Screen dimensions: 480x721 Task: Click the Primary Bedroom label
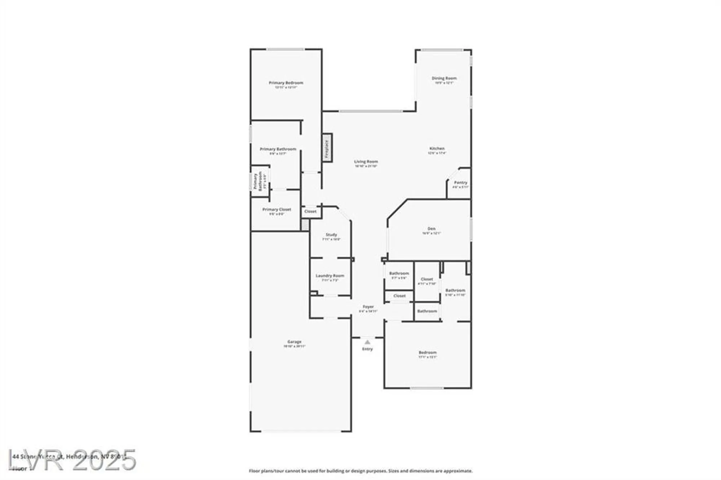tap(286, 83)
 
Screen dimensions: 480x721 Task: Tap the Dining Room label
tap(444, 78)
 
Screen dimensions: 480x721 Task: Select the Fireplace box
tap(327, 148)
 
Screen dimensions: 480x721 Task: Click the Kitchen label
tap(437, 148)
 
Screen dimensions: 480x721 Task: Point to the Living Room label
tap(366, 162)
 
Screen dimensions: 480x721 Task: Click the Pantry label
tap(460, 183)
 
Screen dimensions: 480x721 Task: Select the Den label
tap(432, 229)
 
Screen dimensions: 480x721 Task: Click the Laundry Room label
tap(330, 276)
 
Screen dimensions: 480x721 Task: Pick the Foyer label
tap(368, 307)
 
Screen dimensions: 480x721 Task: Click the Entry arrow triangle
tap(367, 342)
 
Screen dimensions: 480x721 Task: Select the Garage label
tap(294, 342)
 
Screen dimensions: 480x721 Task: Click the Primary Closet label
tap(277, 209)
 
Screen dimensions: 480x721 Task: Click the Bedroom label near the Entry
tap(428, 352)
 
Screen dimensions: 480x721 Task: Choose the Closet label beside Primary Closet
tap(310, 212)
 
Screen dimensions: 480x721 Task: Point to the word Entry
tap(367, 349)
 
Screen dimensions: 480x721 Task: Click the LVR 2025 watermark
tap(72, 460)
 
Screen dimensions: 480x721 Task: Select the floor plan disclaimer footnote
tap(360, 471)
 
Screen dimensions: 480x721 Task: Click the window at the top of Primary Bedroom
tap(286, 49)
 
